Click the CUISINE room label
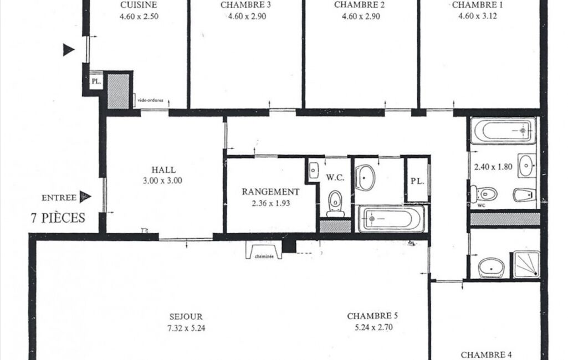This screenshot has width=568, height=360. tap(139, 5)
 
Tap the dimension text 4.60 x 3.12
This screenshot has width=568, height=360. tap(478, 16)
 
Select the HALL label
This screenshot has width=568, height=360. tap(163, 169)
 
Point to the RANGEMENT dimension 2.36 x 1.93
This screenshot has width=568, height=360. tap(271, 203)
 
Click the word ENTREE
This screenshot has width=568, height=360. tap(59, 198)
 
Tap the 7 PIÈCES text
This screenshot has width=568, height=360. tap(58, 218)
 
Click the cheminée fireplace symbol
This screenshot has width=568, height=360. tap(264, 250)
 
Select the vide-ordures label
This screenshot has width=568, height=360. tap(150, 100)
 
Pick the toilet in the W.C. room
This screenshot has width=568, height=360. tap(335, 203)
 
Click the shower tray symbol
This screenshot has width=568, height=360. tap(526, 265)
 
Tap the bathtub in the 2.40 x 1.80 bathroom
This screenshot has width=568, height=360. tap(503, 130)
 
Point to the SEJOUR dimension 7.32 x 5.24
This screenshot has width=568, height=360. tap(186, 328)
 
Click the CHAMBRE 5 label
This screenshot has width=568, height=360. tap(372, 316)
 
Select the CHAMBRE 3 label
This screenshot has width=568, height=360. tap(245, 5)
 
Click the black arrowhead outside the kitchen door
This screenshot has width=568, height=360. tap(69, 50)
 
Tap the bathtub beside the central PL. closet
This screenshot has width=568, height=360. tap(391, 219)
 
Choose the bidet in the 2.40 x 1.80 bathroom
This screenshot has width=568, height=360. tap(524, 195)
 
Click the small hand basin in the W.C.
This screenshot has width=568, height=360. tap(314, 169)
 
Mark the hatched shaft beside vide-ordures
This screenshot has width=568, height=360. tap(119, 91)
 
